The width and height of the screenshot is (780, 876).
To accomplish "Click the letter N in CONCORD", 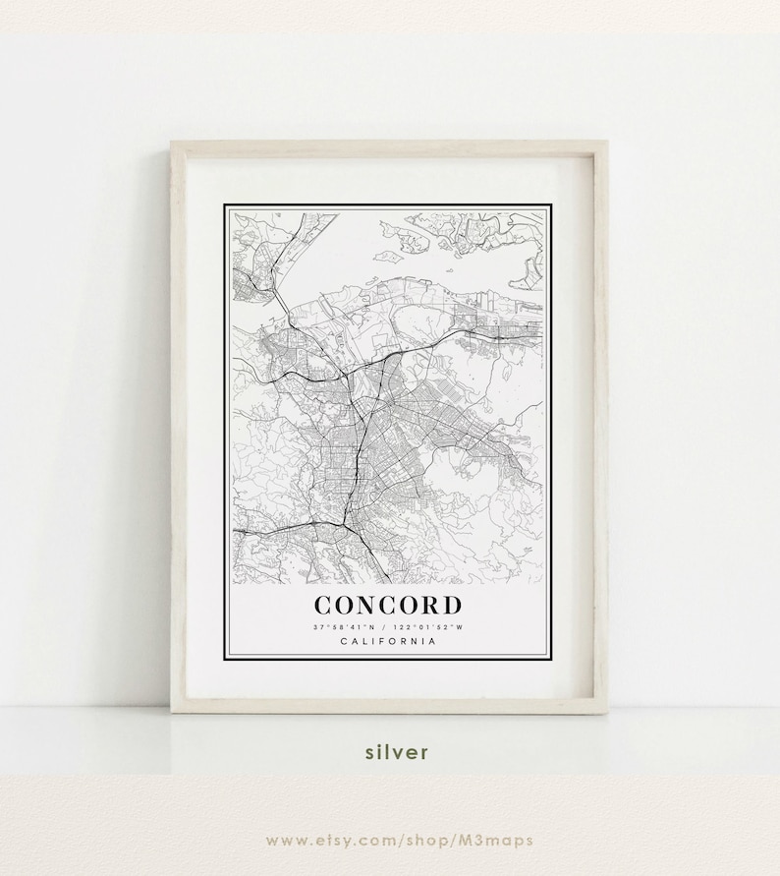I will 363,606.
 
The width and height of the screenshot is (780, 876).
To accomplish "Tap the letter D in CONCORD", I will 449,606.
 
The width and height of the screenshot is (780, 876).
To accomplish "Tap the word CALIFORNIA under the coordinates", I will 387,642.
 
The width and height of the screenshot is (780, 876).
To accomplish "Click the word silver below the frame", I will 397,753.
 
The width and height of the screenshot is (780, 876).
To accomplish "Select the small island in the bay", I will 386,258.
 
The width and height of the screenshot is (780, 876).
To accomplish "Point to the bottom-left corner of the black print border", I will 226,657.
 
